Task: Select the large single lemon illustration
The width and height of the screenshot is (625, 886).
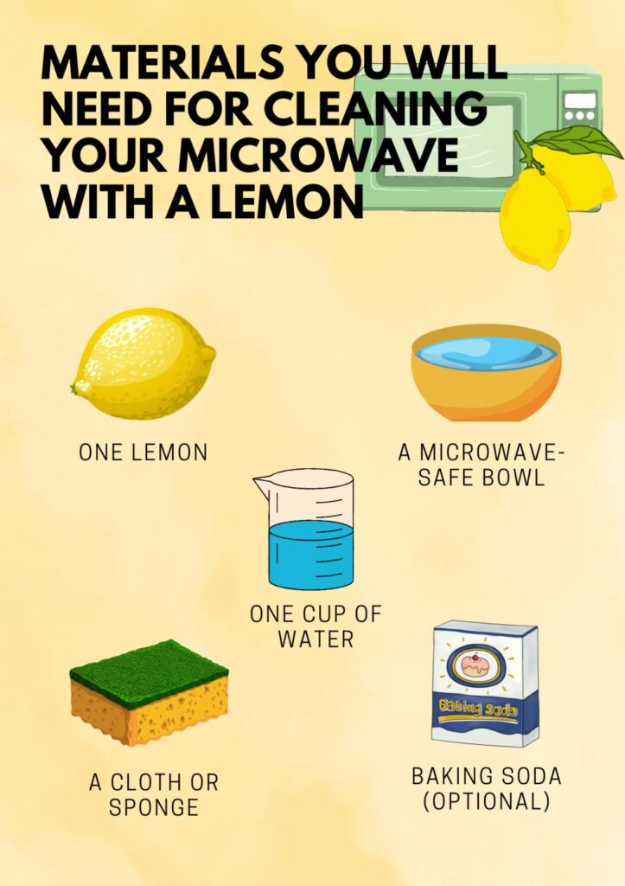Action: [143, 363]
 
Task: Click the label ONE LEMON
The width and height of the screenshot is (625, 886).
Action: [143, 453]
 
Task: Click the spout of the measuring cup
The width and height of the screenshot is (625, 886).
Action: [259, 485]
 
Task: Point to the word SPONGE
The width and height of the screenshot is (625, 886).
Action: [154, 807]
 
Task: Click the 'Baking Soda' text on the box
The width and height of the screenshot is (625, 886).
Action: [478, 707]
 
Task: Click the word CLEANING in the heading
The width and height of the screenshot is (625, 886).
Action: [385, 110]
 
